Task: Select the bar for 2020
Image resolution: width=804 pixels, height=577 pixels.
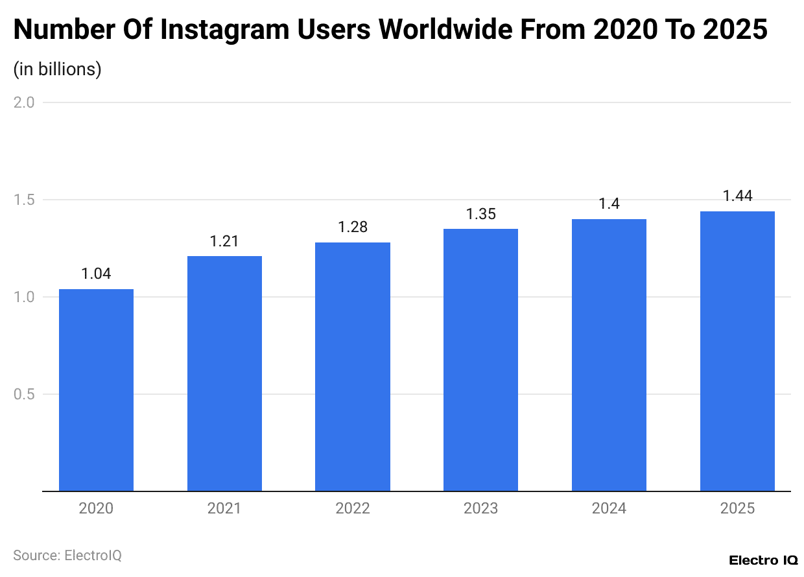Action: [96, 390]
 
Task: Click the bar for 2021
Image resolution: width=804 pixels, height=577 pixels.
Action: [224, 373]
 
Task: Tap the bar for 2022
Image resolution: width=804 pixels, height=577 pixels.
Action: [353, 366]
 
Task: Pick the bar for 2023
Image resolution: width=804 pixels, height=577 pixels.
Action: [480, 360]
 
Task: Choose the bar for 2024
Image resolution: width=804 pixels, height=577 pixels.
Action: [609, 355]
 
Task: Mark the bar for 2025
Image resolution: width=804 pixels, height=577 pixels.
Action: [737, 351]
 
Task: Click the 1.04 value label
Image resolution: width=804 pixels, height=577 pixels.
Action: [96, 274]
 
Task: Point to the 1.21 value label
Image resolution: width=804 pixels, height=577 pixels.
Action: [224, 241]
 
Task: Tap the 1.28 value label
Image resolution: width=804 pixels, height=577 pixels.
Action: [353, 228]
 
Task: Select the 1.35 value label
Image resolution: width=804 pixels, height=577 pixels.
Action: [480, 214]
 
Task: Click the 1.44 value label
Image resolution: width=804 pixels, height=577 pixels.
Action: [737, 196]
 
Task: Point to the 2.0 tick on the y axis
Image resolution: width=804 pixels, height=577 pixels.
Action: [24, 102]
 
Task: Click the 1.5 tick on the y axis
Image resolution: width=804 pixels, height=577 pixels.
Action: [24, 200]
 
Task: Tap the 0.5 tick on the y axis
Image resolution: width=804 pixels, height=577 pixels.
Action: [24, 394]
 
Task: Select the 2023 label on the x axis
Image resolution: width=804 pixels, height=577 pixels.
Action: [480, 508]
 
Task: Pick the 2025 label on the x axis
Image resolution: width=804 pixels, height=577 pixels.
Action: [737, 508]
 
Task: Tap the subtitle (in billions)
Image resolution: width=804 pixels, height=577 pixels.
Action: [57, 69]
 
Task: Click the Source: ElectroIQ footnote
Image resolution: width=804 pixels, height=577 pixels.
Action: [67, 556]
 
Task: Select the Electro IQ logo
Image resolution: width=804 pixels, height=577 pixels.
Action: [763, 560]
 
